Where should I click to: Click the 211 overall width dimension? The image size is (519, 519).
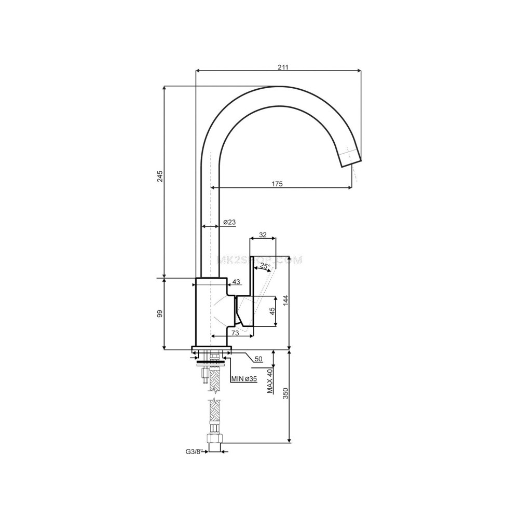pyautogui.click(x=282, y=67)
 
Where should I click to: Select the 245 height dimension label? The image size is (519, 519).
pyautogui.click(x=160, y=176)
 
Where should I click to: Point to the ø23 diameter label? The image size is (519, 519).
pyautogui.click(x=229, y=222)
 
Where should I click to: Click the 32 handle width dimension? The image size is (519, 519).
pyautogui.click(x=263, y=235)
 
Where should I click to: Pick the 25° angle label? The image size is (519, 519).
pyautogui.click(x=265, y=266)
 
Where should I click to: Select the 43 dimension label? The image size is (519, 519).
pyautogui.click(x=236, y=282)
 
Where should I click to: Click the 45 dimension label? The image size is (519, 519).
pyautogui.click(x=271, y=311)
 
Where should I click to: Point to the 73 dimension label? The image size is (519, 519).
pyautogui.click(x=235, y=332)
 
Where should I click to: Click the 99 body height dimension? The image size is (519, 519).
pyautogui.click(x=160, y=313)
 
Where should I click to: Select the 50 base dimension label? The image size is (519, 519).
pyautogui.click(x=258, y=359)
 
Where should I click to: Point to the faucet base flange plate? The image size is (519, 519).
pyautogui.click(x=211, y=349)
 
